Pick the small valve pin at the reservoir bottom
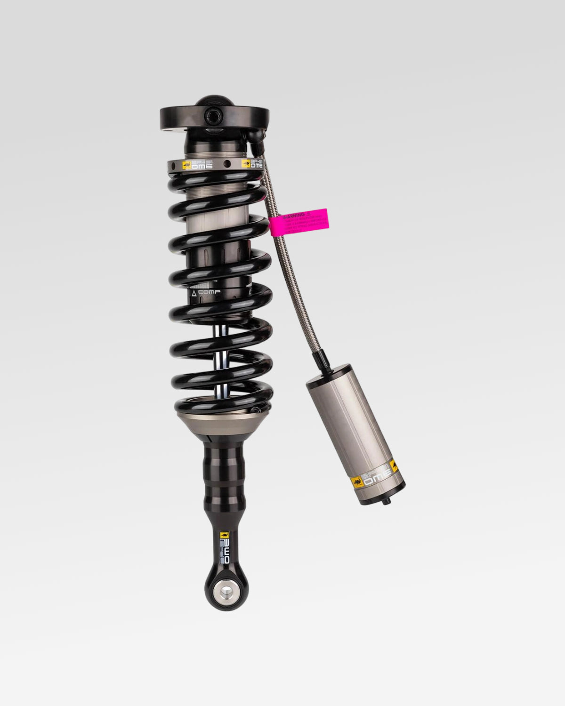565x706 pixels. [x=387, y=503]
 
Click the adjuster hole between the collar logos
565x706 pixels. [x=227, y=165]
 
